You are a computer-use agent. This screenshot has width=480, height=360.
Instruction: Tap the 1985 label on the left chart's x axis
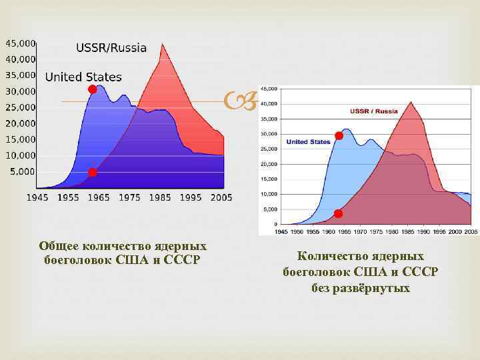click(161, 197)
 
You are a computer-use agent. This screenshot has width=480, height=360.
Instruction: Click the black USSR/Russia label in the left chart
click(111, 48)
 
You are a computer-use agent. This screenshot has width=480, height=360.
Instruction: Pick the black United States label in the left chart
click(83, 77)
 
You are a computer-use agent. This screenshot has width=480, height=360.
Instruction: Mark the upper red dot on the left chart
click(92, 89)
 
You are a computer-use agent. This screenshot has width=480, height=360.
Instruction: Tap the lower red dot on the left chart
click(93, 173)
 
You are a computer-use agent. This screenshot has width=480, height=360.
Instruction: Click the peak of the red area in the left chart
click(163, 45)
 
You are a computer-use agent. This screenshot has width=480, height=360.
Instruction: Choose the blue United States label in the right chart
click(309, 141)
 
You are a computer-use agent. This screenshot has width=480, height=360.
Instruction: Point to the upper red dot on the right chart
click(339, 136)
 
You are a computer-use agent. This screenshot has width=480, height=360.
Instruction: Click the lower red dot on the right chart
click(338, 213)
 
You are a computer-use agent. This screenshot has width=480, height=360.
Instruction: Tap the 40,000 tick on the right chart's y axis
click(269, 103)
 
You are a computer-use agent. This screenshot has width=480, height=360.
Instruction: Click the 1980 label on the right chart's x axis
click(393, 231)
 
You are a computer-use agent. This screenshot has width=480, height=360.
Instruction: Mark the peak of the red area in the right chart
click(411, 102)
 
